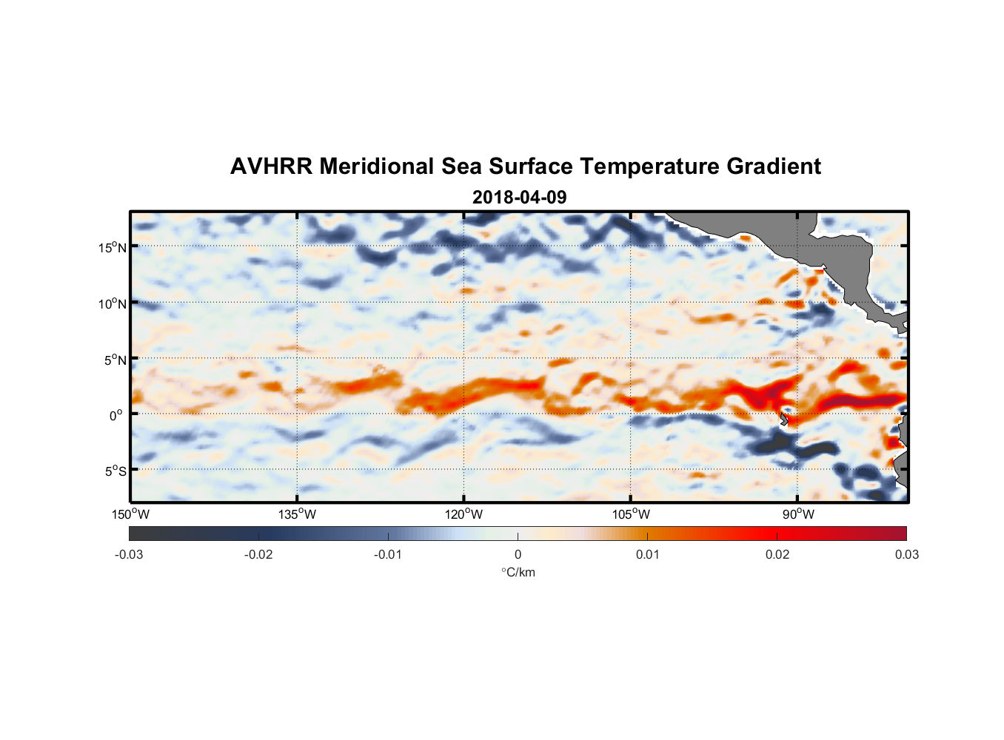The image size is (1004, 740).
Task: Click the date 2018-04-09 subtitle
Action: click(x=519, y=197)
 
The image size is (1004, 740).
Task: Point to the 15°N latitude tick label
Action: click(x=113, y=247)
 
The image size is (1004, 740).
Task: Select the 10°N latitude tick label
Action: click(x=113, y=303)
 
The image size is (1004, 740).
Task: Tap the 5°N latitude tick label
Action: click(x=115, y=360)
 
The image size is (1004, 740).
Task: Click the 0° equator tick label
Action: click(x=116, y=415)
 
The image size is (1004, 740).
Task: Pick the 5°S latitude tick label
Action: click(x=115, y=471)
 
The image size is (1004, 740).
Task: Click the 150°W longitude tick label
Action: click(x=131, y=514)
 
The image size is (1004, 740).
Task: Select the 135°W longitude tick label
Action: click(x=298, y=514)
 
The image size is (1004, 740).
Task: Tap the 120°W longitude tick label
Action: click(x=464, y=514)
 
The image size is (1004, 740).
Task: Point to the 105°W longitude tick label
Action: click(x=631, y=514)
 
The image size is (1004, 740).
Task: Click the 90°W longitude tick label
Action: click(x=798, y=514)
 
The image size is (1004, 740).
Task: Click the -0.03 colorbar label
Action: click(x=129, y=554)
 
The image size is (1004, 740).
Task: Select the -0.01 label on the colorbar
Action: click(x=388, y=554)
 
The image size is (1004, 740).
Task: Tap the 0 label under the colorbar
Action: click(x=518, y=554)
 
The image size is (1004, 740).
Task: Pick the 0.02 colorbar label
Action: click(x=777, y=554)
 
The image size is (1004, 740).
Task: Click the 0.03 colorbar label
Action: click(x=906, y=554)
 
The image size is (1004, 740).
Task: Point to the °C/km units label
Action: click(x=518, y=572)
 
